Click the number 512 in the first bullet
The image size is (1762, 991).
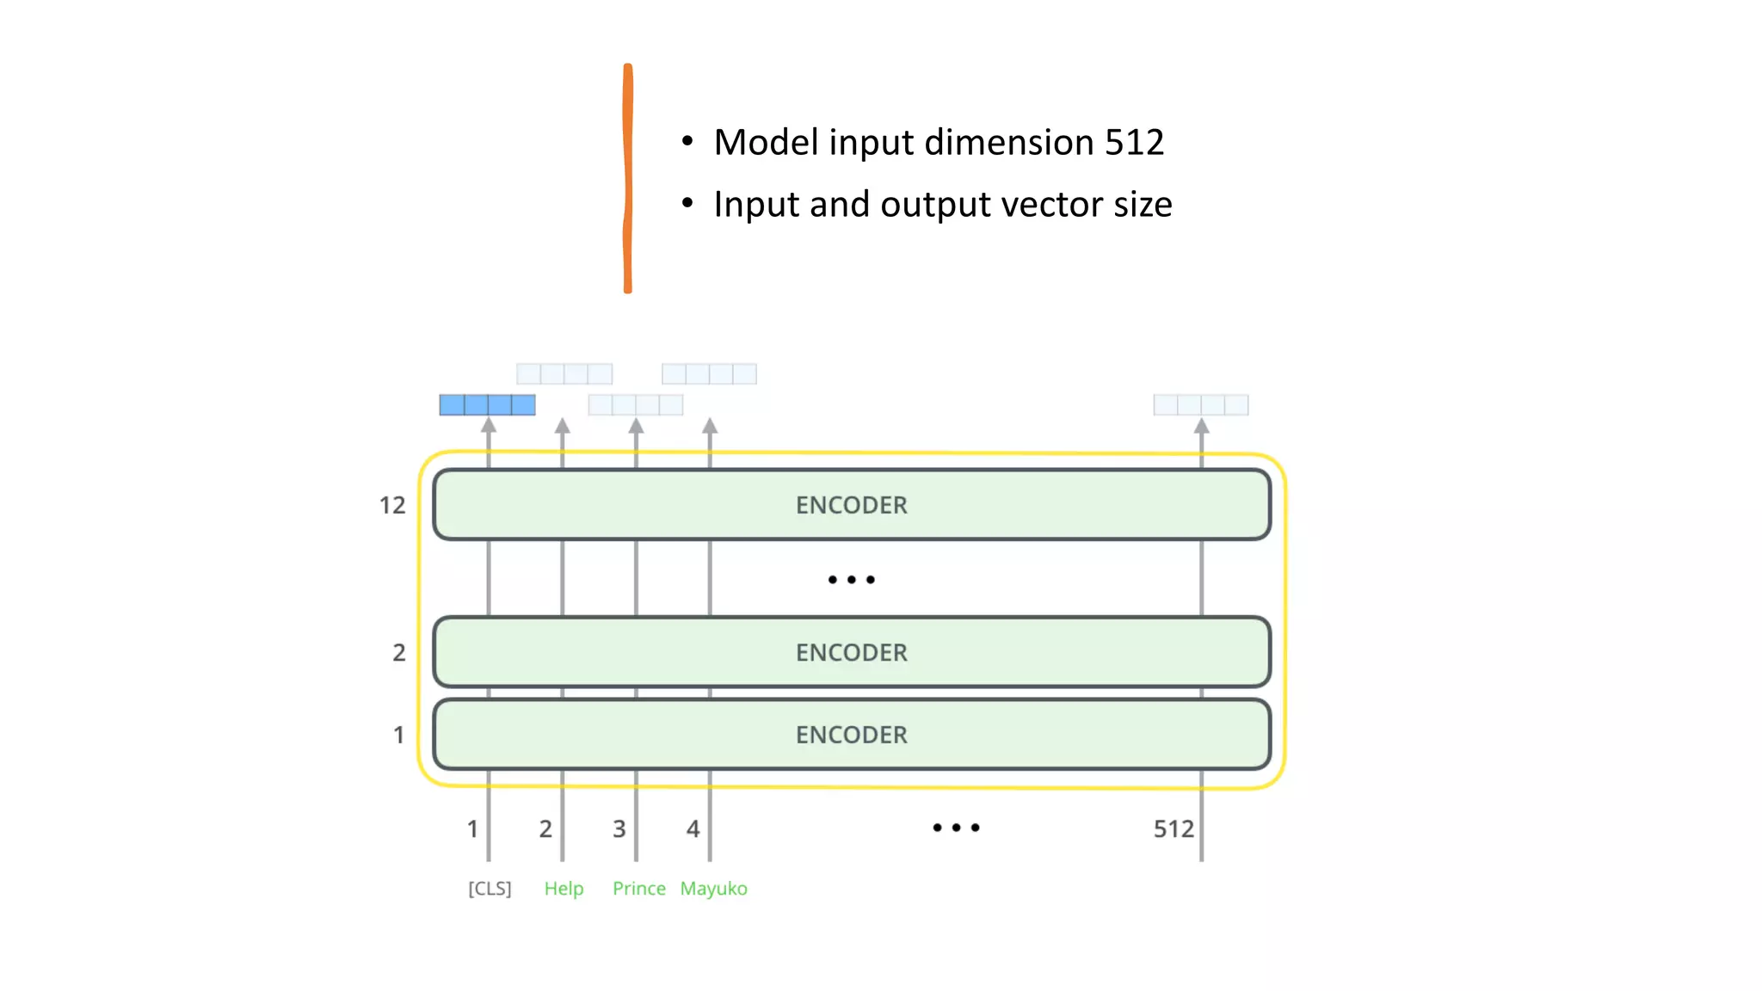pyautogui.click(x=1134, y=143)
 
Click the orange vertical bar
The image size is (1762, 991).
pyautogui.click(x=628, y=178)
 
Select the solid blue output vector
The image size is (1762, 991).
pyautogui.click(x=487, y=404)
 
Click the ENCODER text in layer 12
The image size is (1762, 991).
pyautogui.click(x=851, y=505)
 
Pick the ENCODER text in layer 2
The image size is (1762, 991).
pyautogui.click(x=851, y=653)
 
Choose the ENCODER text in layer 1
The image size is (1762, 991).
pyautogui.click(x=851, y=735)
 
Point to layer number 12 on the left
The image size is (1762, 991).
pyautogui.click(x=392, y=505)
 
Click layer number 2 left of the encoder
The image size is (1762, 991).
pyautogui.click(x=398, y=653)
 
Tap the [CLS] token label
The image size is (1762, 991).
pyautogui.click(x=490, y=888)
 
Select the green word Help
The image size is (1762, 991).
pyautogui.click(x=564, y=888)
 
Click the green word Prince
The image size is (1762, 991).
pyautogui.click(x=638, y=888)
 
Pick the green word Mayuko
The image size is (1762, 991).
pyautogui.click(x=713, y=889)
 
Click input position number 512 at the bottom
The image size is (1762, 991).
pyautogui.click(x=1173, y=828)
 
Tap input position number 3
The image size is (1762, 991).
pyautogui.click(x=619, y=828)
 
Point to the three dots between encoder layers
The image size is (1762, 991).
pyautogui.click(x=851, y=580)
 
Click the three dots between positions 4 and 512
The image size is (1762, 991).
pyautogui.click(x=956, y=828)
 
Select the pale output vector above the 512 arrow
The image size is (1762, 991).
pyautogui.click(x=1200, y=404)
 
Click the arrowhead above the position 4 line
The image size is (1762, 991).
pyautogui.click(x=710, y=426)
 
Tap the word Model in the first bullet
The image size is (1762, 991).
pyautogui.click(x=766, y=143)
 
